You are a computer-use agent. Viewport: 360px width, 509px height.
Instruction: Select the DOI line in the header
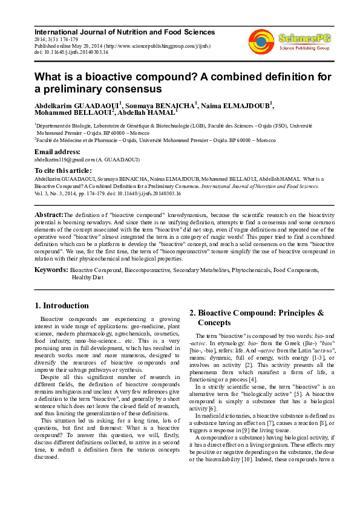tap(71, 52)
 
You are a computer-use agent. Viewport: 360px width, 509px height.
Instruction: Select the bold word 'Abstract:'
tap(48, 215)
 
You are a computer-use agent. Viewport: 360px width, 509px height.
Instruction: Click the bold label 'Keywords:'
tap(51, 270)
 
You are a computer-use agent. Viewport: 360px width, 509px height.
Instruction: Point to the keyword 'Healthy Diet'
tap(88, 277)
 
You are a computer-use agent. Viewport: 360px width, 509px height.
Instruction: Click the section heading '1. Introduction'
tap(62, 305)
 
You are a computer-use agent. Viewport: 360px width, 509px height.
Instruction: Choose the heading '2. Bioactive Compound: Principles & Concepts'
tap(257, 318)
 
